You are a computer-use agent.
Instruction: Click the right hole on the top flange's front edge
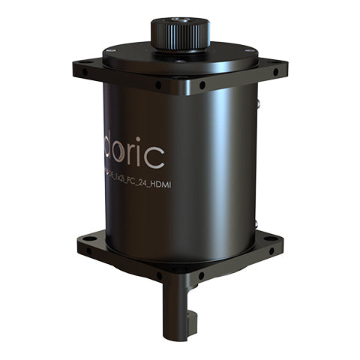(x=202, y=85)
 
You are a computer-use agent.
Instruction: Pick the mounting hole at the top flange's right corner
(x=275, y=72)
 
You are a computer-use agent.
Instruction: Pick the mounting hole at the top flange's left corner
(x=85, y=73)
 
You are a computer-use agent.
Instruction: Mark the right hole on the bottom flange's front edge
(x=200, y=275)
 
